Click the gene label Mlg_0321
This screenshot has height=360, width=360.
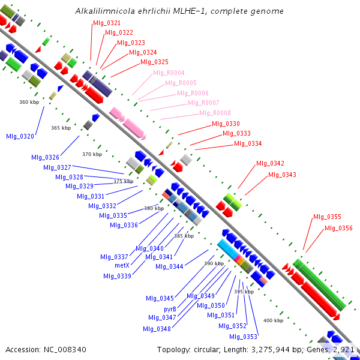pos(107,23)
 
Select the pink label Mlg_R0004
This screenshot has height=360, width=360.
pos(169,73)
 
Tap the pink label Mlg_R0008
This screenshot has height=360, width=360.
pos(215,113)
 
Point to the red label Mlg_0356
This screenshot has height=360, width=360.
pos(338,228)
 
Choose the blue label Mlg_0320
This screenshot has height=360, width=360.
pos(20,136)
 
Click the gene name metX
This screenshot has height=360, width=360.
pos(122,265)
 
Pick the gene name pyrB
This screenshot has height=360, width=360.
pos(170,309)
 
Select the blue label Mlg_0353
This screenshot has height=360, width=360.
pos(244,337)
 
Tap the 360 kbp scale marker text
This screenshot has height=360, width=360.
pos(29,102)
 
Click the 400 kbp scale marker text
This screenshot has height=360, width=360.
pos(273,320)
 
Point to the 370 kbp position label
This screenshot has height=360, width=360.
pos(92,154)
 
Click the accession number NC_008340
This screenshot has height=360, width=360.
pos(65,350)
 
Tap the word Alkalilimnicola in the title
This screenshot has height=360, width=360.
pos(105,11)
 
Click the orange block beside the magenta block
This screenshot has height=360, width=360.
pos(241,261)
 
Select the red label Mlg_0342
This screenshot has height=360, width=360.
pos(270,163)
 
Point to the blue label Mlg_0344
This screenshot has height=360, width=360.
pos(169,266)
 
